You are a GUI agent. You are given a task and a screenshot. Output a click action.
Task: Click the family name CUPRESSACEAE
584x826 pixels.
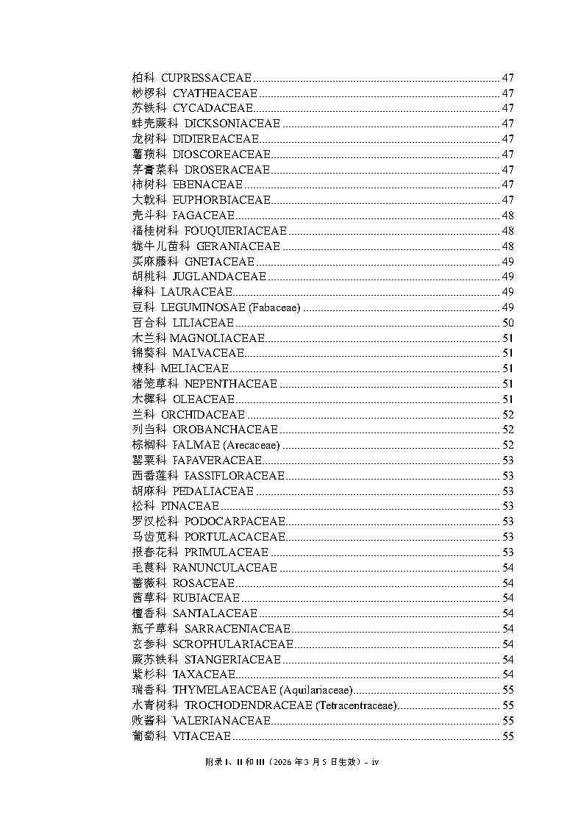(x=206, y=78)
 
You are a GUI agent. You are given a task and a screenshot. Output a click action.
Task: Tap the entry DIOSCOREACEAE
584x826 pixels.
(x=221, y=154)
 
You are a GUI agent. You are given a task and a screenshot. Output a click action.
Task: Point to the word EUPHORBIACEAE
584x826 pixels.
(x=221, y=200)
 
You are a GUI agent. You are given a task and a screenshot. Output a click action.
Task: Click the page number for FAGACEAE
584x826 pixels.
(x=508, y=216)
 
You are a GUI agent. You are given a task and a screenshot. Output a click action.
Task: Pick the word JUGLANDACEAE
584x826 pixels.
(x=219, y=277)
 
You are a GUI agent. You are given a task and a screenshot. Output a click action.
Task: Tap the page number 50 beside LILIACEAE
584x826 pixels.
(x=508, y=323)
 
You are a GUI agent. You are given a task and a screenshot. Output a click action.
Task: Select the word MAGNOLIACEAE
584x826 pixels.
(x=217, y=338)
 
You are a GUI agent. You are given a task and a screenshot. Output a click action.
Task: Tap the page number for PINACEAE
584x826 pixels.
(x=508, y=506)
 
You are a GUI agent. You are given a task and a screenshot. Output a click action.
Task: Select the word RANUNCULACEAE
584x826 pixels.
(x=225, y=568)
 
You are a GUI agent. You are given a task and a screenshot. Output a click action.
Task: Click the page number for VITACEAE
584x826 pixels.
(x=508, y=736)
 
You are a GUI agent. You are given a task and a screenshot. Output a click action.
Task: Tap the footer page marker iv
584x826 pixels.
(x=374, y=762)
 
